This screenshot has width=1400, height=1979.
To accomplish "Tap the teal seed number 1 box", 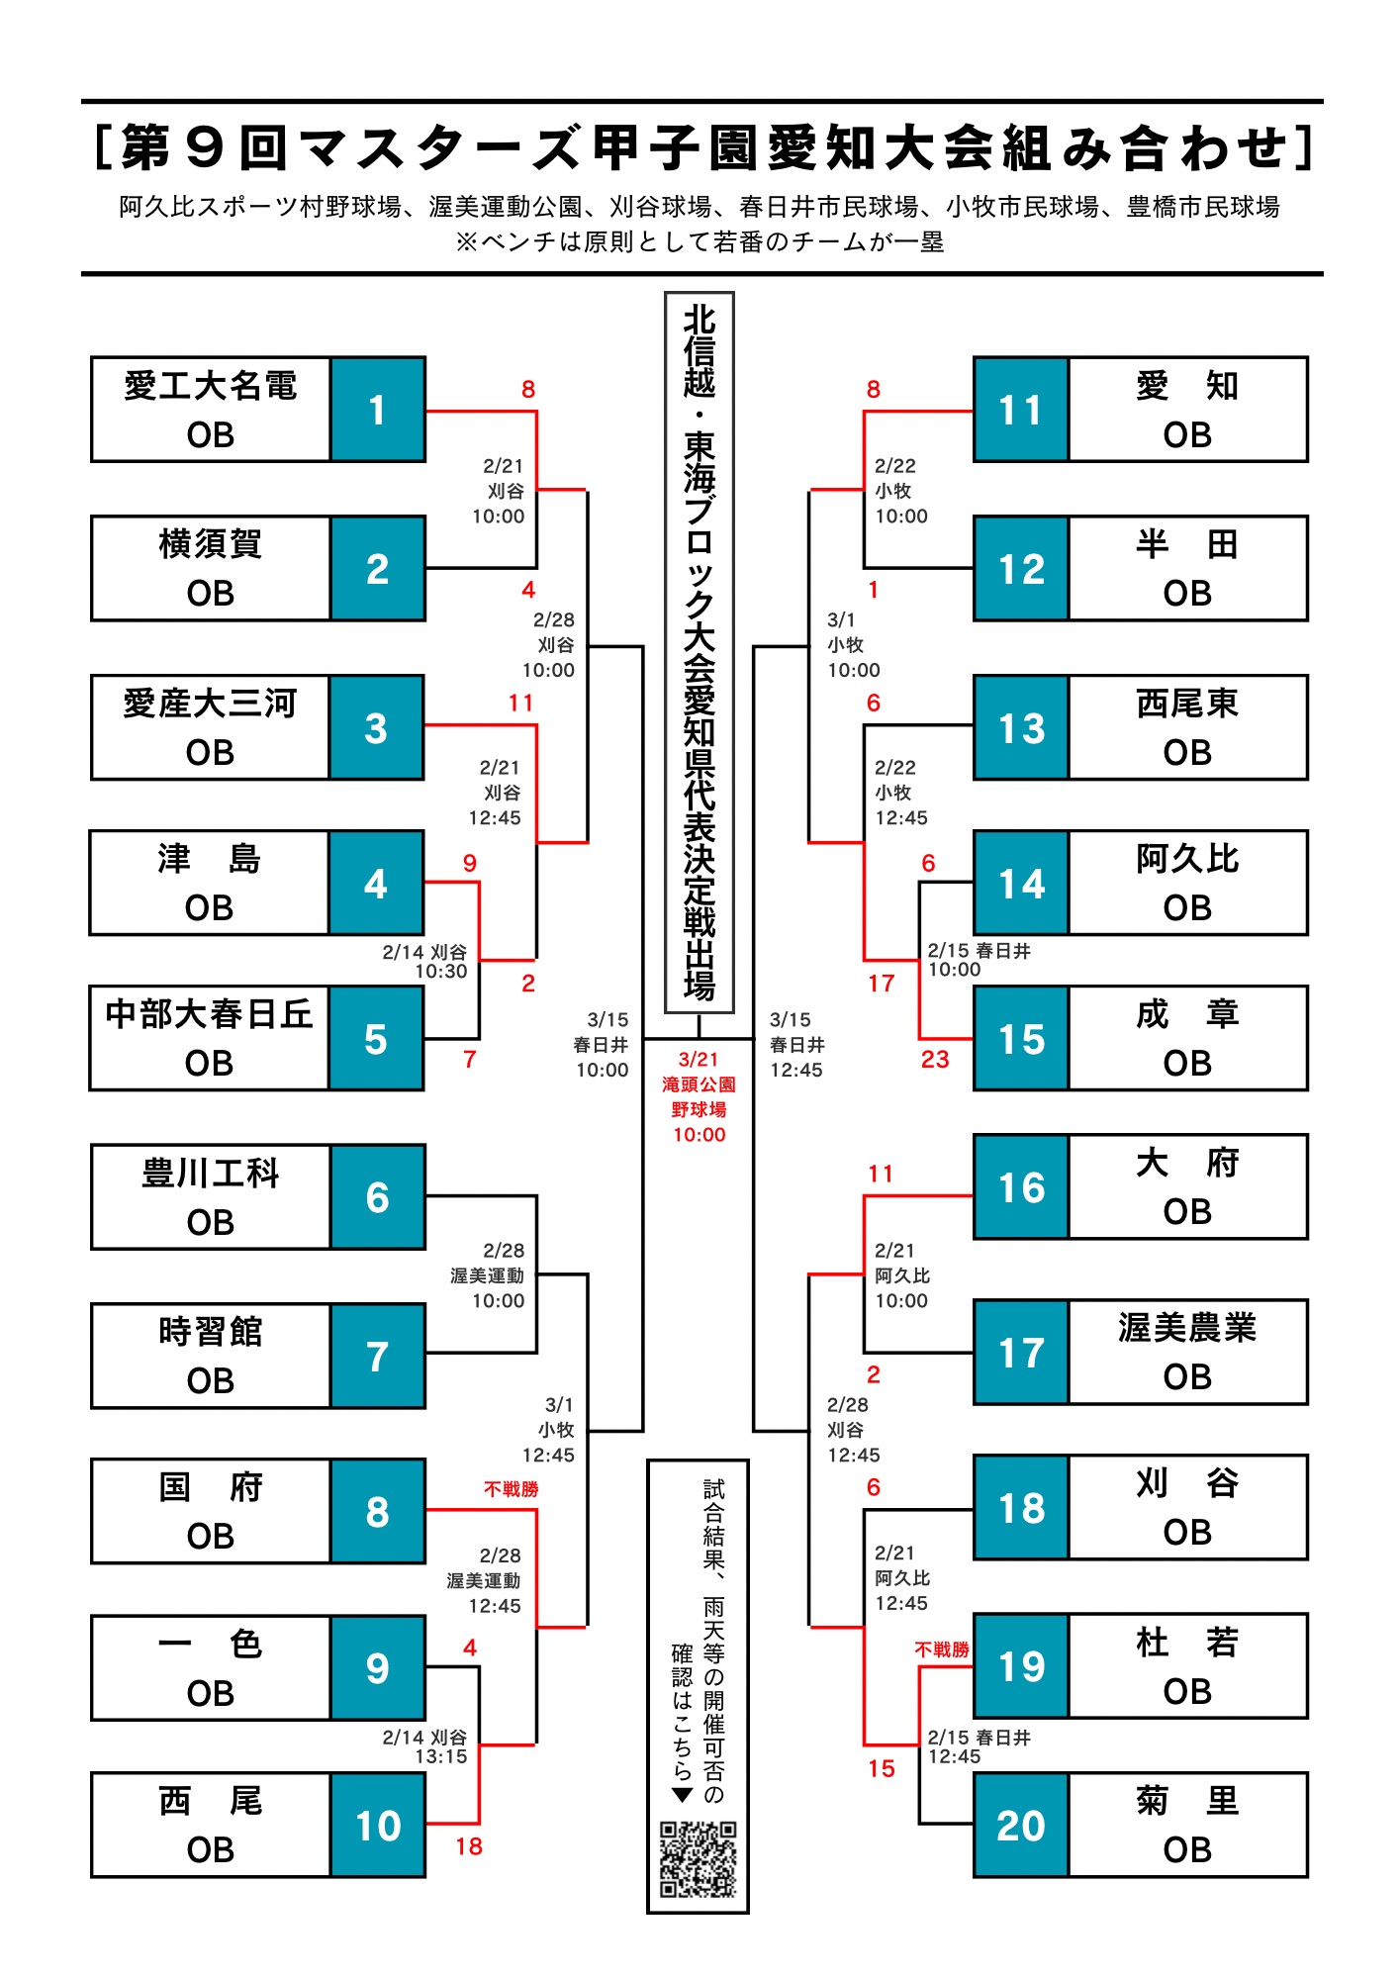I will pos(377,410).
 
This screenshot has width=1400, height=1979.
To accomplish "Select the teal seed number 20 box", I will pos(1021,1825).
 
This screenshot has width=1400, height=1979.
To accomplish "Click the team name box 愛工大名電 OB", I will pos(211,410).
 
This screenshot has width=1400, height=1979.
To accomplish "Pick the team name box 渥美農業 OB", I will pos(1187,1353).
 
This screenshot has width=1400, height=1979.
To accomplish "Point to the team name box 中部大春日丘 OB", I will pos(209,1038).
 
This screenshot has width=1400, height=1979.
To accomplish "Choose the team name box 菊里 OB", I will pos(1187,1825).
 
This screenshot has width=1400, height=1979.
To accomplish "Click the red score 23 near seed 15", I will pos(935,1059).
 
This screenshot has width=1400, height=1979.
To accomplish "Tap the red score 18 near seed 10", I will pos(469,1846).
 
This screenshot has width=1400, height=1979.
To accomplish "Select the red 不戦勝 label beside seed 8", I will pos(511,1489).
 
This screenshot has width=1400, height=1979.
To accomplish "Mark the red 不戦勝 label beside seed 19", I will pos(942,1649).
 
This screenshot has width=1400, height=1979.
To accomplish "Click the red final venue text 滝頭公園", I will pos(699,1084).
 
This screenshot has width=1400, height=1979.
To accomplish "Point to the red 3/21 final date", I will pos(699,1059).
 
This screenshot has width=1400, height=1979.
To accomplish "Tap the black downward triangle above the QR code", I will pos(682,1795).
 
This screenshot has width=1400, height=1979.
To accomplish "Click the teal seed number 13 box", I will pos(1021,728).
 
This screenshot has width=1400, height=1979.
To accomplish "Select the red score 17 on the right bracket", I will pos(881,984).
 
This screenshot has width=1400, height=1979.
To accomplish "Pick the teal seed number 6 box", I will pos(377,1197).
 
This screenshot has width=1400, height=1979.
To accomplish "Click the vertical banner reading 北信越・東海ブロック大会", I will pos(700,653).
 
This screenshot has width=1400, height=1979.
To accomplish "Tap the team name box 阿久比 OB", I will pos(1187,883).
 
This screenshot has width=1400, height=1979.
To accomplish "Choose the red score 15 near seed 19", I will pos(881,1768).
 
